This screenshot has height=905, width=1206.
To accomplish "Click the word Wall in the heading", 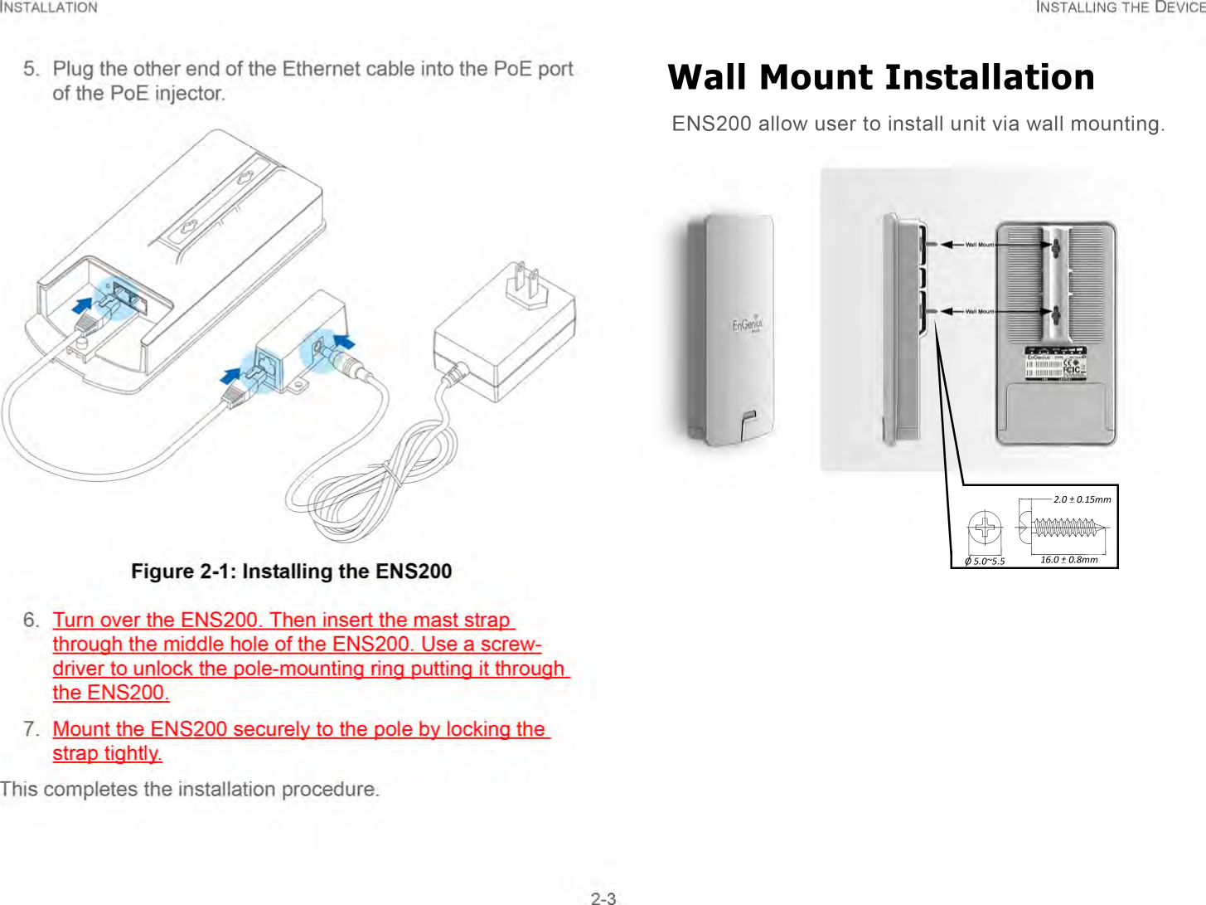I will pos(710,77).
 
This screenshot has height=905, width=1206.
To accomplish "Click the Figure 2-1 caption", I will pos(291,571).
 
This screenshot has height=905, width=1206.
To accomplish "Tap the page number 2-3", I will pos(603,898).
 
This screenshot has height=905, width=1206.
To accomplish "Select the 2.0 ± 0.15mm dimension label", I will pos(1082,499).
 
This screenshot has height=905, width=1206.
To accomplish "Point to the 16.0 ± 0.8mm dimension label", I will pos(1068,560).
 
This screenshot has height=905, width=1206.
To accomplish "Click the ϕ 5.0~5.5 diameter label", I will pos(985,562).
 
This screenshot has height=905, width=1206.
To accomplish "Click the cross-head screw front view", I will pos(985,528).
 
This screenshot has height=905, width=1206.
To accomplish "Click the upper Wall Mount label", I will pos(979,245).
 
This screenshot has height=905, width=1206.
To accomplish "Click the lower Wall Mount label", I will pos(979,312).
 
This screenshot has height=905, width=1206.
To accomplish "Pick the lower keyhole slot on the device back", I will pos(1056,314).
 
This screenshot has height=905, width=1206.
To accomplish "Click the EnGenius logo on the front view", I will pos(746,325).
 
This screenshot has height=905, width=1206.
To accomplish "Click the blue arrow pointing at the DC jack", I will pos(345,341).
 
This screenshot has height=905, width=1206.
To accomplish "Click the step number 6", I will pos(31,620).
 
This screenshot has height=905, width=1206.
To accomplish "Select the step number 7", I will pos(31,729).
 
